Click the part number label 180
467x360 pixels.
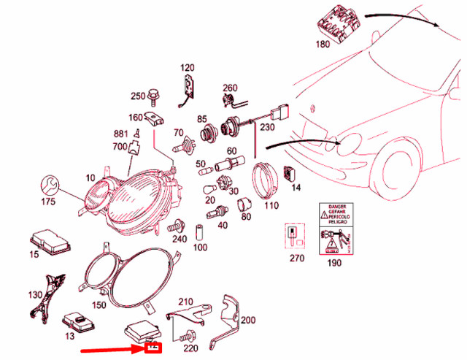pyautogui.click(x=323, y=44)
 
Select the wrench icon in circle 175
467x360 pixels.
pyautogui.click(x=50, y=183)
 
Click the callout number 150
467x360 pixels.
pyautogui.click(x=99, y=305)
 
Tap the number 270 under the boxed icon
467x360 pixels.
pyautogui.click(x=296, y=258)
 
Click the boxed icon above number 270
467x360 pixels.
pyautogui.click(x=295, y=236)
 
